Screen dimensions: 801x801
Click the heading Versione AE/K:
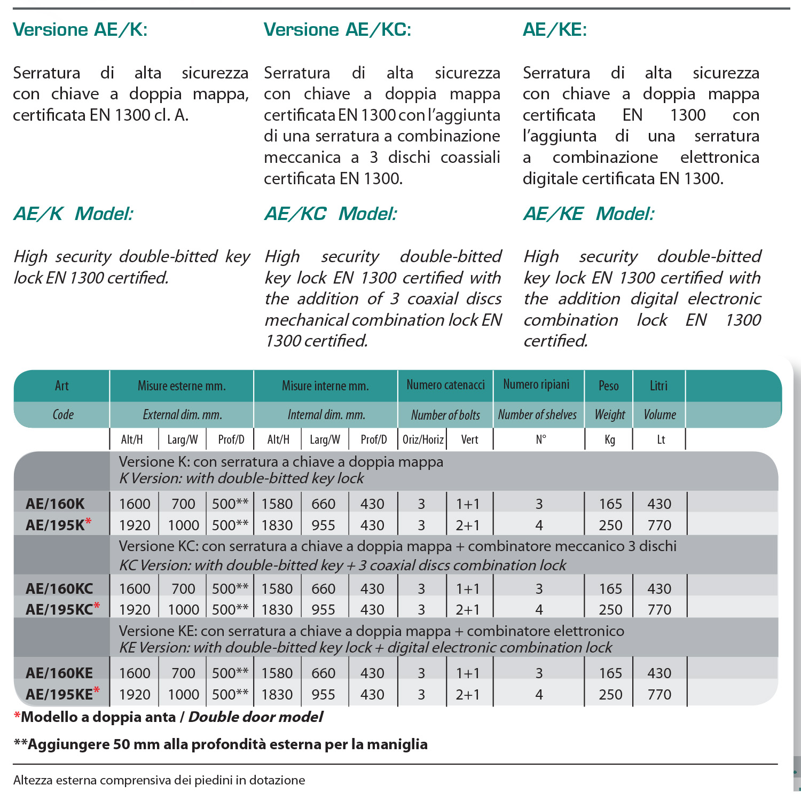(x=80, y=30)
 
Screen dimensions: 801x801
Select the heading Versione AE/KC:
(x=337, y=30)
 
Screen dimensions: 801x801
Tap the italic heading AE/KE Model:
(x=588, y=214)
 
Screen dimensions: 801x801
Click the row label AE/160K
(x=55, y=504)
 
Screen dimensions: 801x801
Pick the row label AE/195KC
(x=59, y=609)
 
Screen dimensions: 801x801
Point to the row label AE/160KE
(x=59, y=673)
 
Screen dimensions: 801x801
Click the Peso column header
(x=609, y=386)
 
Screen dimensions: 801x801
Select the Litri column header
(x=658, y=386)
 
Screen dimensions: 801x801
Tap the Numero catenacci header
(x=445, y=385)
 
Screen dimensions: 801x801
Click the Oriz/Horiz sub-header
(x=423, y=439)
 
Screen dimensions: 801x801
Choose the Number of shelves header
(x=537, y=414)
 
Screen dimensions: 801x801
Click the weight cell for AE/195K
(x=610, y=525)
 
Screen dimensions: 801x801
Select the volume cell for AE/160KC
(x=659, y=588)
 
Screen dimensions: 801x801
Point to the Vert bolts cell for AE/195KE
(x=467, y=694)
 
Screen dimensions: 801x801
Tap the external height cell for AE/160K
(x=135, y=504)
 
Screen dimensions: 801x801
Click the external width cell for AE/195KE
(x=183, y=694)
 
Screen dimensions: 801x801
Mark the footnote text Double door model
(x=256, y=717)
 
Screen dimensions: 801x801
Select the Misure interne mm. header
(x=325, y=386)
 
